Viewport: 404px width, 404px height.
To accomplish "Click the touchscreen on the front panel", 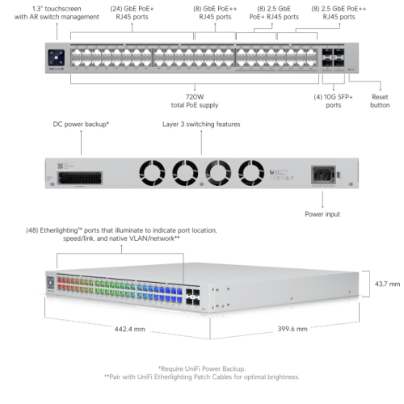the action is pyautogui.click(x=56, y=57).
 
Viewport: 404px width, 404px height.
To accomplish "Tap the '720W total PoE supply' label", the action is pyautogui.click(x=195, y=101).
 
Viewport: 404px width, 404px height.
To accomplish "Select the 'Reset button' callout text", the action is pyautogui.click(x=380, y=101).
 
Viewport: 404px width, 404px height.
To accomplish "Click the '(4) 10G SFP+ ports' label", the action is pyautogui.click(x=333, y=101).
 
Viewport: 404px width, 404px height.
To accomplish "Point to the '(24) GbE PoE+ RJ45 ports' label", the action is pyautogui.click(x=132, y=13).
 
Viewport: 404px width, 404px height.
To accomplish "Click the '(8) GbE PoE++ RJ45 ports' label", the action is pyautogui.click(x=215, y=13).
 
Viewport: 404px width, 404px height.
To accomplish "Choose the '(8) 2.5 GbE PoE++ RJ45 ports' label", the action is pyautogui.click(x=339, y=13).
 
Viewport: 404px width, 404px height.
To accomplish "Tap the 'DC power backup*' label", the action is pyautogui.click(x=81, y=124).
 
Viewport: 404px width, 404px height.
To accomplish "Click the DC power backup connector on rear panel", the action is pyautogui.click(x=80, y=178).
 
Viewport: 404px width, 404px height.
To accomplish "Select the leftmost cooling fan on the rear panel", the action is pyautogui.click(x=152, y=173).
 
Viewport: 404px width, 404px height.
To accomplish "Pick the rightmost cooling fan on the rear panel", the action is pyautogui.click(x=251, y=173).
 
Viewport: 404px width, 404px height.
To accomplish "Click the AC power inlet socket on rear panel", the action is pyautogui.click(x=323, y=175).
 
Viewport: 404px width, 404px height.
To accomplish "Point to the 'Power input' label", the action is pyautogui.click(x=322, y=214).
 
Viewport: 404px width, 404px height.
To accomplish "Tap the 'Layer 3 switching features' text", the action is pyautogui.click(x=201, y=124).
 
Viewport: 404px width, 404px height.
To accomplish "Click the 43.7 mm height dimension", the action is pyautogui.click(x=387, y=284).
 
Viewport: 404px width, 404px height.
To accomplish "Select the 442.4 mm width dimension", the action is pyautogui.click(x=130, y=329).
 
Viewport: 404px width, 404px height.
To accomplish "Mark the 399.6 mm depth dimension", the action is pyautogui.click(x=292, y=329).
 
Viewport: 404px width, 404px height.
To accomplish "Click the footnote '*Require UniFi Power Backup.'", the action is pyautogui.click(x=202, y=368).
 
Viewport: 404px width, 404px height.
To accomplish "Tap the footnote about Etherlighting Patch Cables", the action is pyautogui.click(x=202, y=377).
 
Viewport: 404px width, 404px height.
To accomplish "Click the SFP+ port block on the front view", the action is pyautogui.click(x=333, y=57).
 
